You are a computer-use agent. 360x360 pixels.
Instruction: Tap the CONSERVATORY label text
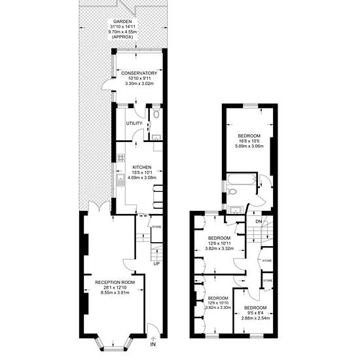139,73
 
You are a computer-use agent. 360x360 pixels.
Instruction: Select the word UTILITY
134,124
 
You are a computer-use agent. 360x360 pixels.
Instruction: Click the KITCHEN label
142,168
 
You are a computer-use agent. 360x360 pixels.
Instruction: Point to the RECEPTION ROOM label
115,282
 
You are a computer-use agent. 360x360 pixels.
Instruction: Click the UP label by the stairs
156,264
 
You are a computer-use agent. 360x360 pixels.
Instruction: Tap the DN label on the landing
259,221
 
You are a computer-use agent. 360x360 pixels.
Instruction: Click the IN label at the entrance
153,344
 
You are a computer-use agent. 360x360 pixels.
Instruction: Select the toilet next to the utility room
156,113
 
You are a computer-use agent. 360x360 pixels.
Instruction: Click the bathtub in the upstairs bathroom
241,179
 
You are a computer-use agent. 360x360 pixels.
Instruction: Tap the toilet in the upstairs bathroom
232,191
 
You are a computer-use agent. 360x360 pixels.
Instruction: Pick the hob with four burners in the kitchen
121,158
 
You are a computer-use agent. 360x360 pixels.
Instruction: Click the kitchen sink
120,180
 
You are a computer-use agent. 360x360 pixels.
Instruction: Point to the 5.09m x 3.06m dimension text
249,146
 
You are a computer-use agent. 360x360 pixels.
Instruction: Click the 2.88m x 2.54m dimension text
255,318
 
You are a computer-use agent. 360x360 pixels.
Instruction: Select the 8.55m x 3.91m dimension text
115,293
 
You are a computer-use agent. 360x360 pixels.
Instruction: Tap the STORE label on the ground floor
157,227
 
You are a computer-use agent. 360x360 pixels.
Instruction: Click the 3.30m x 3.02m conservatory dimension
139,84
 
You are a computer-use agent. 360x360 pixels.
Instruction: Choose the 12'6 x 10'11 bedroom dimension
219,243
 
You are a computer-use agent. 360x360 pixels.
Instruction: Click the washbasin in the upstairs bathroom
234,210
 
